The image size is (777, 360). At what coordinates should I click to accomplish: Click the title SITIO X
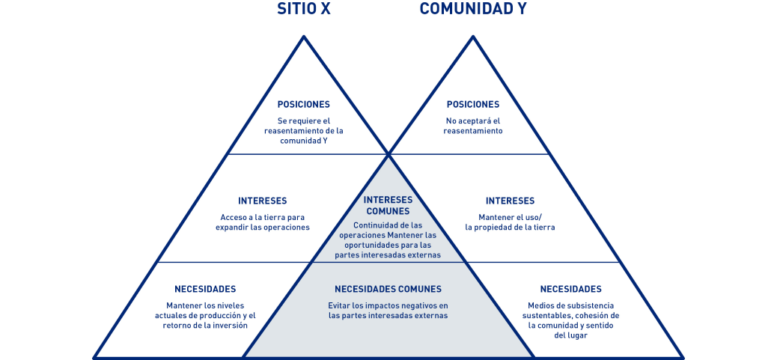click(x=305, y=10)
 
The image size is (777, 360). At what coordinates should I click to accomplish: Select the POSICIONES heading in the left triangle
click(x=303, y=105)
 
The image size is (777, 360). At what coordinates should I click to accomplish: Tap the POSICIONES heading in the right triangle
click(x=472, y=105)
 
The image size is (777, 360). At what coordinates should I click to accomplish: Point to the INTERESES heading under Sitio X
click(x=262, y=201)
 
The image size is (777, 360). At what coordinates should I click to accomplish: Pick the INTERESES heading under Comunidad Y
click(x=510, y=201)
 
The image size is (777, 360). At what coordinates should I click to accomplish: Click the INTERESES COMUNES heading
click(x=388, y=205)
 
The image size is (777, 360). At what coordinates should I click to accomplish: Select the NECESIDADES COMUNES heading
click(x=388, y=289)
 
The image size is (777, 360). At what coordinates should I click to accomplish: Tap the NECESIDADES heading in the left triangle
click(x=205, y=289)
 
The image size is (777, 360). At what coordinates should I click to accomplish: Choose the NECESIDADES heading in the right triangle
click(x=570, y=289)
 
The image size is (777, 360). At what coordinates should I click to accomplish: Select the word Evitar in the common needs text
click(x=340, y=305)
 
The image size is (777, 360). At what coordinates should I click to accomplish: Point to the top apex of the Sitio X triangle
click(x=304, y=37)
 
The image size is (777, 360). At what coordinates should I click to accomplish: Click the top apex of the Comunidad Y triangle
click(x=472, y=37)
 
